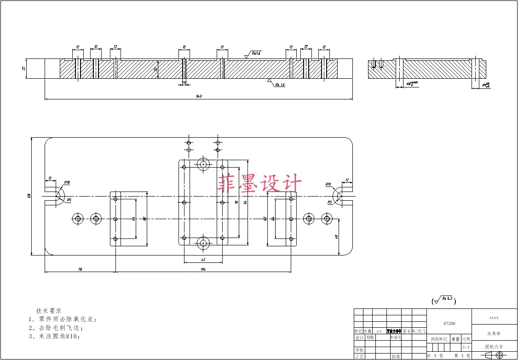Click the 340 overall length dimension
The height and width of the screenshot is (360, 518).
199,96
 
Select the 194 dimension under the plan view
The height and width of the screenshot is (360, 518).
203,269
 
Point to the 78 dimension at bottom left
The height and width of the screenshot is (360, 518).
80,269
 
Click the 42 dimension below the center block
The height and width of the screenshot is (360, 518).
203,260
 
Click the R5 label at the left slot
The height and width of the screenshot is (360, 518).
69,200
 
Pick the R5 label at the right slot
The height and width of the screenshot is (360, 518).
330,202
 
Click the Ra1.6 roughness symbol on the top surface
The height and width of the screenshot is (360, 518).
254,54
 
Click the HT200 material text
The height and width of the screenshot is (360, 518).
449,324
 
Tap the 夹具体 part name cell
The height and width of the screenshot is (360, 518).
495,333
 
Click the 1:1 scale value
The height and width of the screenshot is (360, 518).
466,347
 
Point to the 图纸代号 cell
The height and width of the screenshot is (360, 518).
495,347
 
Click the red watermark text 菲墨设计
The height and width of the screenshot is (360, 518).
260,183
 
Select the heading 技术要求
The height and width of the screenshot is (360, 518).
49,311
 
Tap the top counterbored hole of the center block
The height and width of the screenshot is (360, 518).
202,163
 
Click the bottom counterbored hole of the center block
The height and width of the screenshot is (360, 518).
202,244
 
